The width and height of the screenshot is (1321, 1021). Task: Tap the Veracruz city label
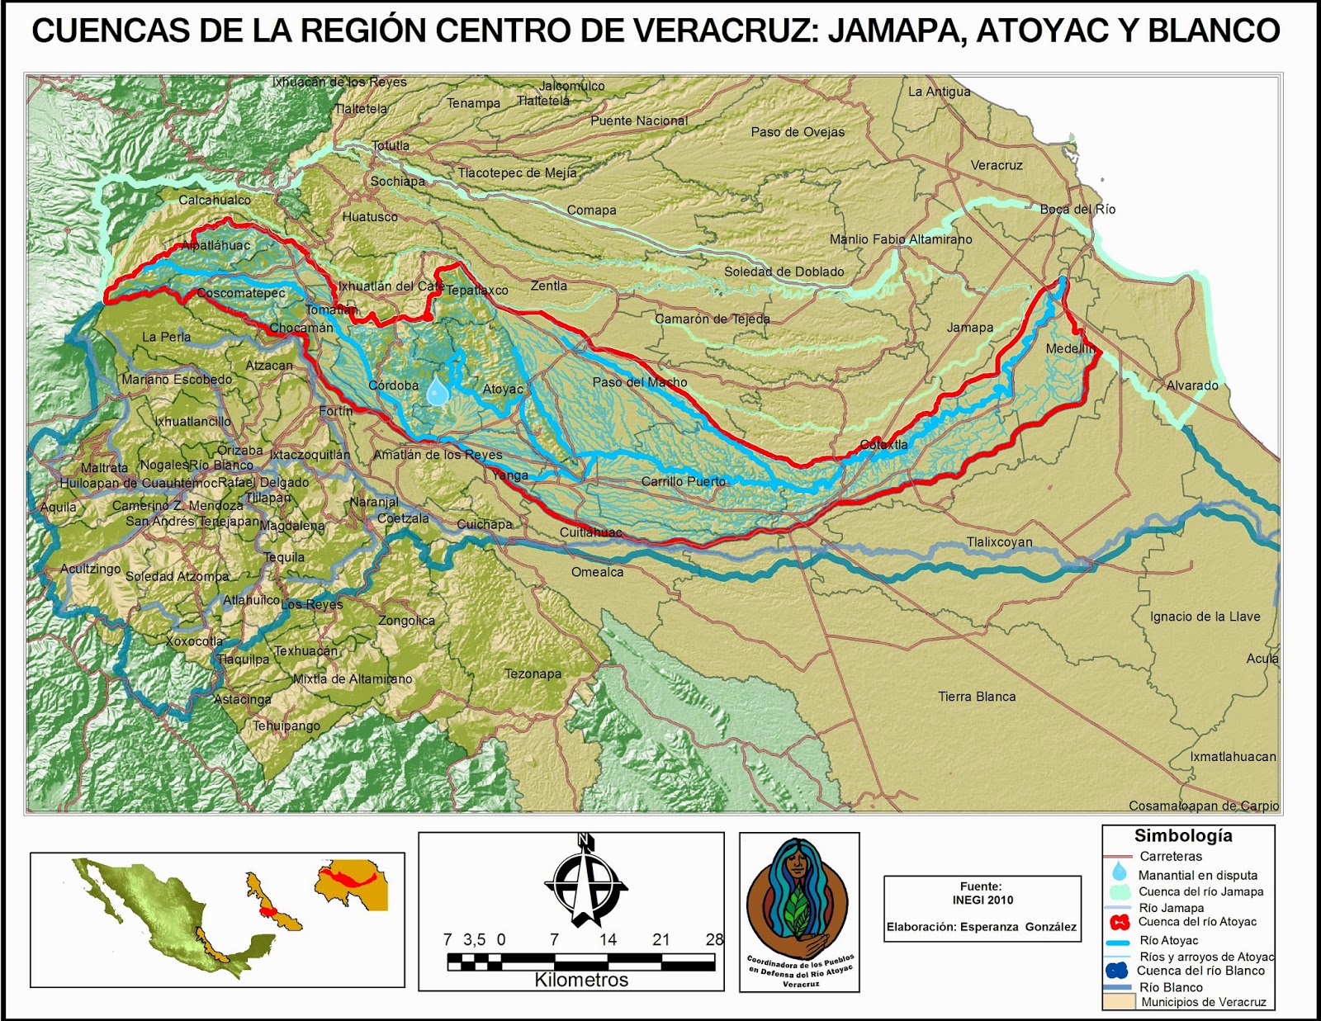[x=997, y=165]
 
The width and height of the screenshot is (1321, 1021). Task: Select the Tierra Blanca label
[x=977, y=697]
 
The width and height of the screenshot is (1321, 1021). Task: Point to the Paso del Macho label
[x=640, y=382]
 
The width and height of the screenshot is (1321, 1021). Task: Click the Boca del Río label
[x=1077, y=210]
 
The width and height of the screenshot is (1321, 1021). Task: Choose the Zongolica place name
[x=406, y=621]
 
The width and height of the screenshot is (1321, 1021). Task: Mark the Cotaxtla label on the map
[x=883, y=444]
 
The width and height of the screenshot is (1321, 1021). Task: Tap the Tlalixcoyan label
[x=999, y=542]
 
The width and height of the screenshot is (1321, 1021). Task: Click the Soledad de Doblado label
[x=784, y=272]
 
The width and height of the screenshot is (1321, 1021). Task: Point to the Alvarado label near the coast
[x=1192, y=385]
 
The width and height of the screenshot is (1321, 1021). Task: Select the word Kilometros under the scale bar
[x=581, y=980]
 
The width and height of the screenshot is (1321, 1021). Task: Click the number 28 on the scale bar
[x=714, y=939]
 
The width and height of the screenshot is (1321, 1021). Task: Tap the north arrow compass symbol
[x=585, y=882]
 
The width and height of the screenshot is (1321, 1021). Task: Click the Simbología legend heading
[x=1183, y=835]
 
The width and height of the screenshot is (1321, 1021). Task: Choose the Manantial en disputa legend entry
[x=1197, y=875]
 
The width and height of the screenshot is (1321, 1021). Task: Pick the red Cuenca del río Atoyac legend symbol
[x=1120, y=922]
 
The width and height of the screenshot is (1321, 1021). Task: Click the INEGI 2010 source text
[x=982, y=900]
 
